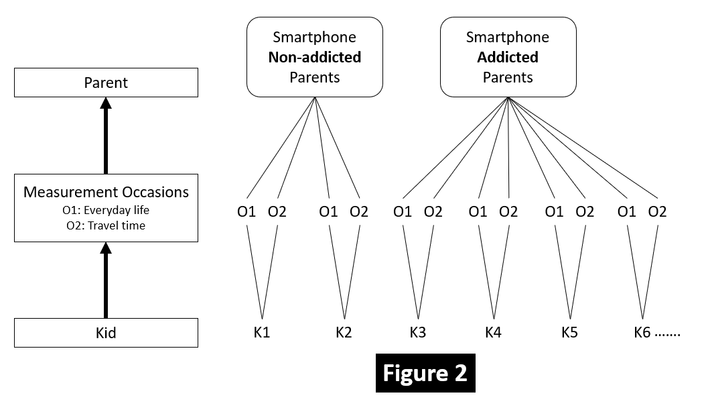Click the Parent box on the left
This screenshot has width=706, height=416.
point(106,83)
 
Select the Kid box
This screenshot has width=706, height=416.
point(106,332)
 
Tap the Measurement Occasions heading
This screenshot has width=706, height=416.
point(106,193)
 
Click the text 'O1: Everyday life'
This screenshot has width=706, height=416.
point(106,210)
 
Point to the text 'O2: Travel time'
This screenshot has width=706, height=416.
point(106,225)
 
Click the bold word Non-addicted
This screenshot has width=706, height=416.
point(314,57)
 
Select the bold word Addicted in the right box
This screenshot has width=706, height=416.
point(508,57)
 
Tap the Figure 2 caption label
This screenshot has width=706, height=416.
point(425,372)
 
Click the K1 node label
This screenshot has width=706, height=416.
point(262,332)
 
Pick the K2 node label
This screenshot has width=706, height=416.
point(344,332)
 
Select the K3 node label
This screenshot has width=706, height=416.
point(418,332)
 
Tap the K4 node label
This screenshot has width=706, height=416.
point(493,332)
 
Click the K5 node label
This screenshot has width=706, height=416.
point(569,332)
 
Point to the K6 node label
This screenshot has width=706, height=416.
point(642,332)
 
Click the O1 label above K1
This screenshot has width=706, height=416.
point(246,212)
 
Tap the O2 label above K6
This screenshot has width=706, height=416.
point(658,212)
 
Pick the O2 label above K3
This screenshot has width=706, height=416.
point(433,212)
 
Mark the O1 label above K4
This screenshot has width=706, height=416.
point(478,212)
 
